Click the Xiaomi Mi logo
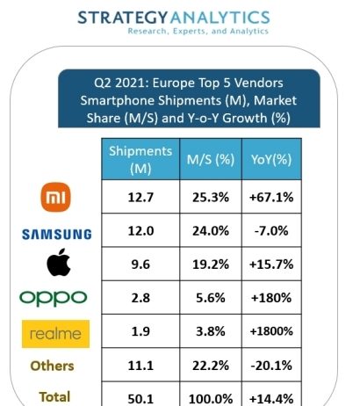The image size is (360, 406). tap(55, 197)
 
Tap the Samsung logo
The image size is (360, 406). tap(57, 235)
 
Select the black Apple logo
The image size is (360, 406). tap(59, 263)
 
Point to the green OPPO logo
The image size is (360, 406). tap(54, 298)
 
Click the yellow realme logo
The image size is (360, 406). tap(55, 334)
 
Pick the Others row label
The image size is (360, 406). tap(52, 366)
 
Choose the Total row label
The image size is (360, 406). tap(54, 397)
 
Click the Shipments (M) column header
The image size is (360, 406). tap(140, 160)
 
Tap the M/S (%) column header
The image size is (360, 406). tap(211, 160)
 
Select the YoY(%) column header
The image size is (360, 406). tap(271, 160)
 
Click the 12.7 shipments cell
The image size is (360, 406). tap(140, 197)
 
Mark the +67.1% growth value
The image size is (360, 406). tap(271, 197)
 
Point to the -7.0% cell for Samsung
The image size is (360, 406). tap(271, 231)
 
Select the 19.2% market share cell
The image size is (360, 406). tap(211, 265)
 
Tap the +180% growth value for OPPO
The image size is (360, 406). tap(271, 298)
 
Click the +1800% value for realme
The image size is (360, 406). tap(271, 331)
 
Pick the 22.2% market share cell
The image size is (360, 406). tap(211, 366)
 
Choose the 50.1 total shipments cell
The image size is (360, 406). tap(140, 399)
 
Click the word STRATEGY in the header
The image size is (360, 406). tap(123, 18)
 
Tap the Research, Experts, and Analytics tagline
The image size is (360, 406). tap(198, 31)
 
